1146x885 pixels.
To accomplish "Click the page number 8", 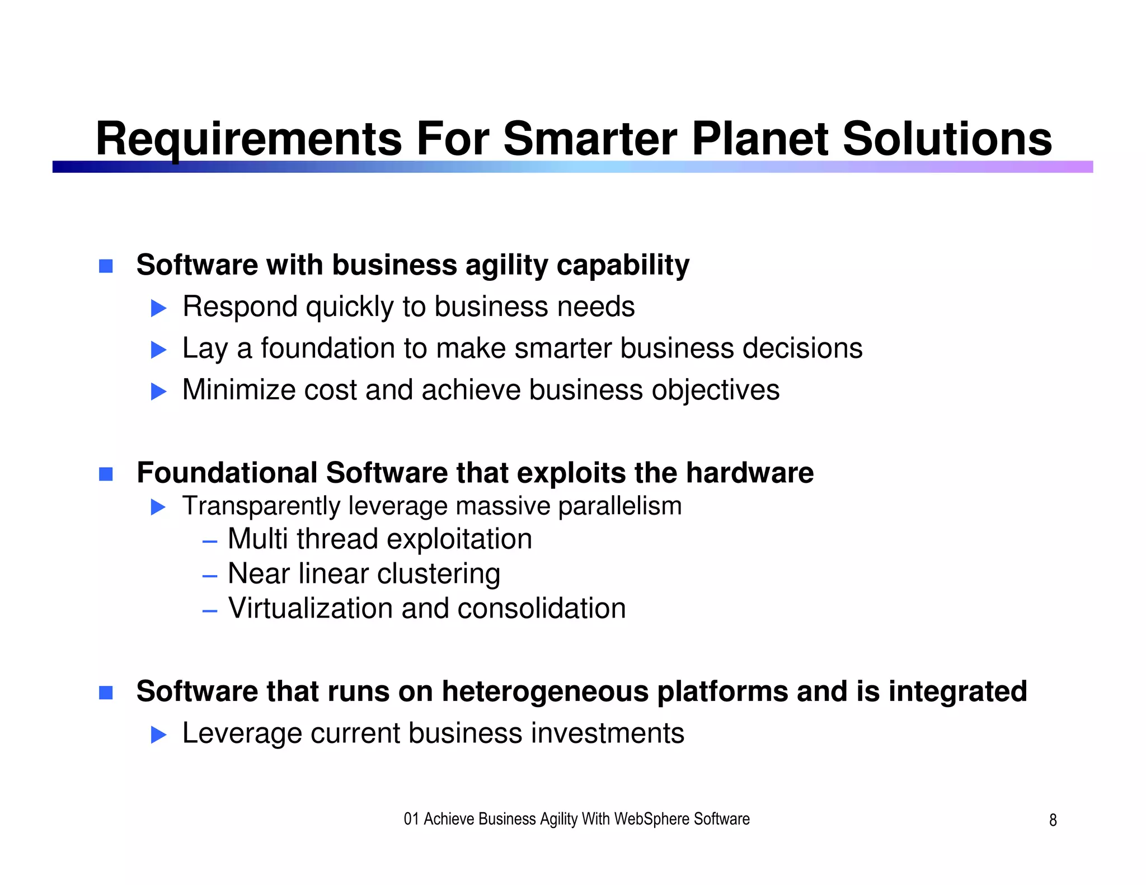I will click(1053, 820).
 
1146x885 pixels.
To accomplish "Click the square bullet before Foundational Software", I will click(106, 474).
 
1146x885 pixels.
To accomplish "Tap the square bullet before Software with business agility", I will click(106, 266).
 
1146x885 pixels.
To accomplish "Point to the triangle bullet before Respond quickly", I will click(159, 308).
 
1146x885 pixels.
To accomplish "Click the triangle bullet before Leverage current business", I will click(159, 735).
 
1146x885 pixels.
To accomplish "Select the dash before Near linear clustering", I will click(209, 576).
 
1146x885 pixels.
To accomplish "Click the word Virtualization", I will click(310, 608).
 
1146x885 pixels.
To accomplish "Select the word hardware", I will click(749, 473).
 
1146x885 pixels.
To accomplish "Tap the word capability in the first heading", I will click(622, 266).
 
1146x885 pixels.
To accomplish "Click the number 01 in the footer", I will click(411, 820).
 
